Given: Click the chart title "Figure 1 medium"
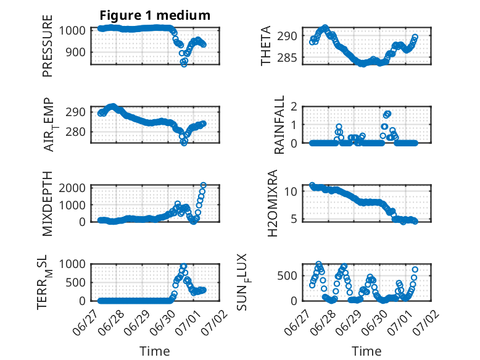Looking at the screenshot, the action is pyautogui.click(x=155, y=15).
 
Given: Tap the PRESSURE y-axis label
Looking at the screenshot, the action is pyautogui.click(x=48, y=46).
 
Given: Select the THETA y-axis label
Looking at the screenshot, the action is pyautogui.click(x=266, y=46).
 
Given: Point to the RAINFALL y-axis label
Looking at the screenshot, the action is pyautogui.click(x=279, y=125).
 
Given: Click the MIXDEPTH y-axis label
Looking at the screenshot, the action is pyautogui.click(x=48, y=204).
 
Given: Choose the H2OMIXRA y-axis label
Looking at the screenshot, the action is pyautogui.click(x=272, y=203).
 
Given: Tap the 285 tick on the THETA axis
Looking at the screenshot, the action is pyautogui.click(x=287, y=57).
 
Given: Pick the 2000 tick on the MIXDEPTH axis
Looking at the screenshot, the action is pyautogui.click(x=72, y=188).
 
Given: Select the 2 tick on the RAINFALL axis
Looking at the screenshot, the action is pyautogui.click(x=294, y=107).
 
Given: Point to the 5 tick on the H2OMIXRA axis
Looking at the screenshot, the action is pyautogui.click(x=294, y=219).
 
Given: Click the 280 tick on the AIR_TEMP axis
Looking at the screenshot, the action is pyautogui.click(x=75, y=132).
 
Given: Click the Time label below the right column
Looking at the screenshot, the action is pyautogui.click(x=366, y=351).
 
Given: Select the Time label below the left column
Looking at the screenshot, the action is pyautogui.click(x=155, y=351).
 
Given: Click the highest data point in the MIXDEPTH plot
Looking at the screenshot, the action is pyautogui.click(x=203, y=185).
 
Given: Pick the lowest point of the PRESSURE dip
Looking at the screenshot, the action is pyautogui.click(x=184, y=64).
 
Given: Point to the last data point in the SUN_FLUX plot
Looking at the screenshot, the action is pyautogui.click(x=415, y=270).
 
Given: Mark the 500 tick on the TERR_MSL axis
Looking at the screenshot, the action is pyautogui.click(x=75, y=282).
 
